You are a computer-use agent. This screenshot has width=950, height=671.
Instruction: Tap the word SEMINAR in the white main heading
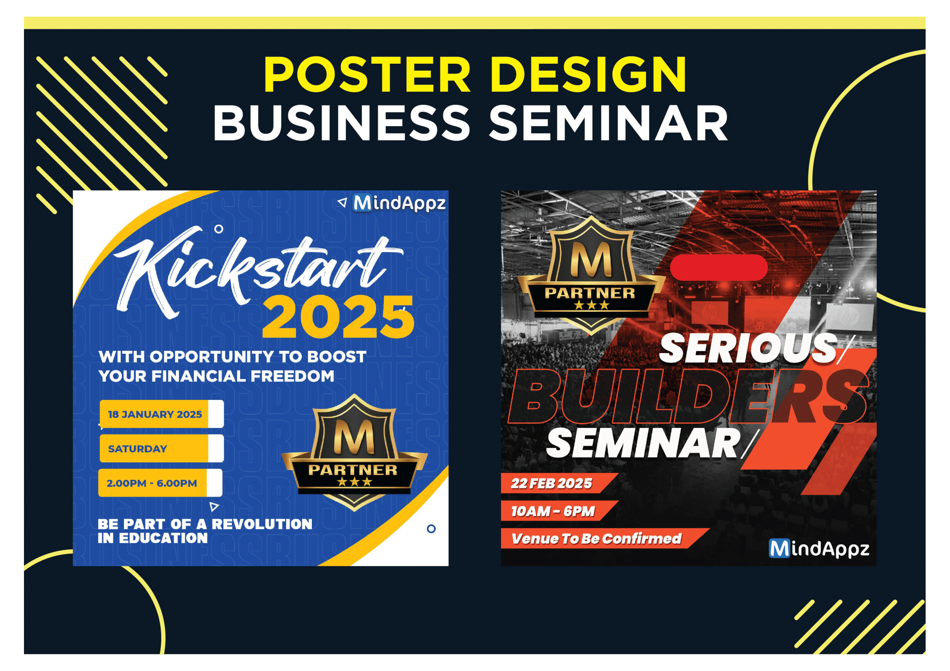pos(608,122)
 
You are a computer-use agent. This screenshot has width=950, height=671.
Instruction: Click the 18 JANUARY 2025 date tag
pos(161,414)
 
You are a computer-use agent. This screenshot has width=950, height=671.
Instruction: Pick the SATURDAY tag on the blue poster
pos(161,448)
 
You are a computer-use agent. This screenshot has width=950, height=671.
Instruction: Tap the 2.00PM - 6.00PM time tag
pos(160,483)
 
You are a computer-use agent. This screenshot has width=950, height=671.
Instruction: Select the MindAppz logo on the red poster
pos(819,549)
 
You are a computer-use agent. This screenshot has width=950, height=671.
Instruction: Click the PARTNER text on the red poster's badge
pos(590,293)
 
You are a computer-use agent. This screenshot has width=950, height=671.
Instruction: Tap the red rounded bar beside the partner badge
pos(719,267)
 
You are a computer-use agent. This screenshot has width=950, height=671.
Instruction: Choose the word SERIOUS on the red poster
pos(748,348)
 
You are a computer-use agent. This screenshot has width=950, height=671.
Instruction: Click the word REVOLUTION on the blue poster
pos(262,524)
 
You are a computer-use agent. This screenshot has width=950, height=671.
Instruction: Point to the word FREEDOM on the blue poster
pos(292,376)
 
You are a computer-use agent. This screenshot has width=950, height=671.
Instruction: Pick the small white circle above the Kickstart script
pos(219,229)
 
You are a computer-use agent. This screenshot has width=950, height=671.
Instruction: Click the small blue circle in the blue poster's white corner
pos(431,529)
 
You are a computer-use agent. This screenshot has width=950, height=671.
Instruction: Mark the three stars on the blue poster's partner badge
pos(355,482)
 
